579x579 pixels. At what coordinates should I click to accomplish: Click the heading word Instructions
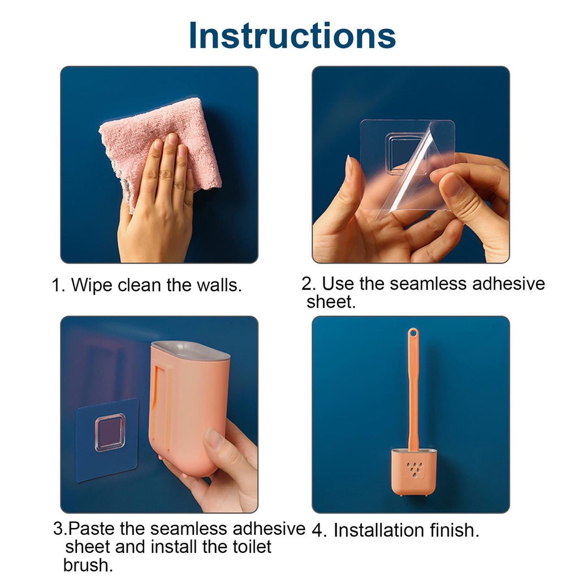(x=292, y=36)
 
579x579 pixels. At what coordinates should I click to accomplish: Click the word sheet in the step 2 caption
(x=331, y=302)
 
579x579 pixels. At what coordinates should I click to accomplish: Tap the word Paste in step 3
(x=92, y=529)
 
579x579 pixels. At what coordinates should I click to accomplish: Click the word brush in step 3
(x=88, y=565)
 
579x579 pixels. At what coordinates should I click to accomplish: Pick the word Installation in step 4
(x=379, y=530)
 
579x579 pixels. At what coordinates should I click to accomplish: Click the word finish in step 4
(x=455, y=530)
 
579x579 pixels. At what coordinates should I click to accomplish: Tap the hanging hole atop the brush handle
(x=413, y=334)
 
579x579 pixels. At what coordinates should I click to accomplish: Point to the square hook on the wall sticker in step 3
(x=110, y=432)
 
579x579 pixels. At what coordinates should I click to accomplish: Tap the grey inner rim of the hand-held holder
(x=191, y=350)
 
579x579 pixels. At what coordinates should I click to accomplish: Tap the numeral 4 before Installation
(x=318, y=530)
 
